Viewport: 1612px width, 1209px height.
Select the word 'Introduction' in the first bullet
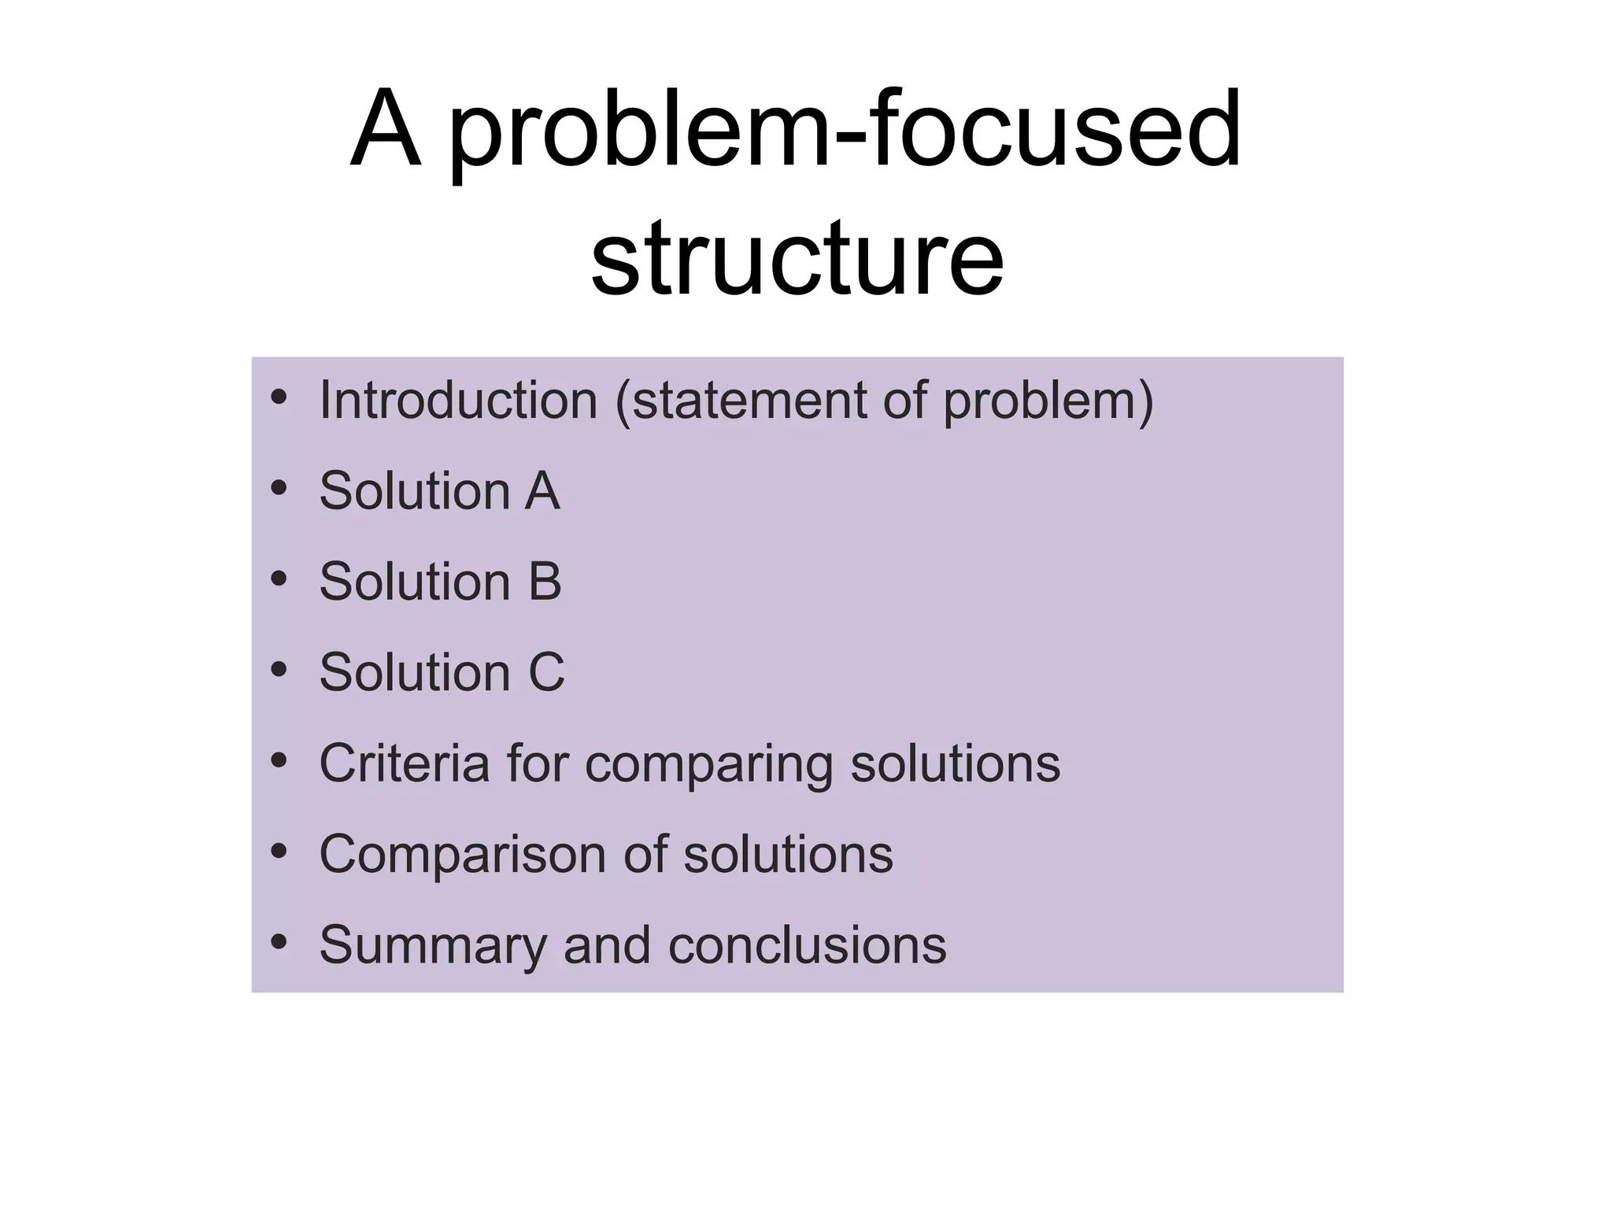tap(458, 401)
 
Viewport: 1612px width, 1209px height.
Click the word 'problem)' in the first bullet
tap(1048, 402)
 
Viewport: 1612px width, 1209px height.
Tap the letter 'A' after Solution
tap(542, 491)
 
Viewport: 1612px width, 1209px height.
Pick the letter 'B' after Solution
tap(544, 582)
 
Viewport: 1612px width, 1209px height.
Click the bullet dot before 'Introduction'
tap(279, 398)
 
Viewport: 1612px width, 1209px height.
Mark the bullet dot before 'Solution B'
tap(279, 580)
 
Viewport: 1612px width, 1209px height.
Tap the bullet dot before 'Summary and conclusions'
tap(279, 942)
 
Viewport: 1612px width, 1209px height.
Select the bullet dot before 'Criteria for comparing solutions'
tap(279, 761)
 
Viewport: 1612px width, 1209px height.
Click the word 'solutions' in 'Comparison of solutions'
tap(788, 855)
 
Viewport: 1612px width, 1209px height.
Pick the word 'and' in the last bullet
tap(607, 945)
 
